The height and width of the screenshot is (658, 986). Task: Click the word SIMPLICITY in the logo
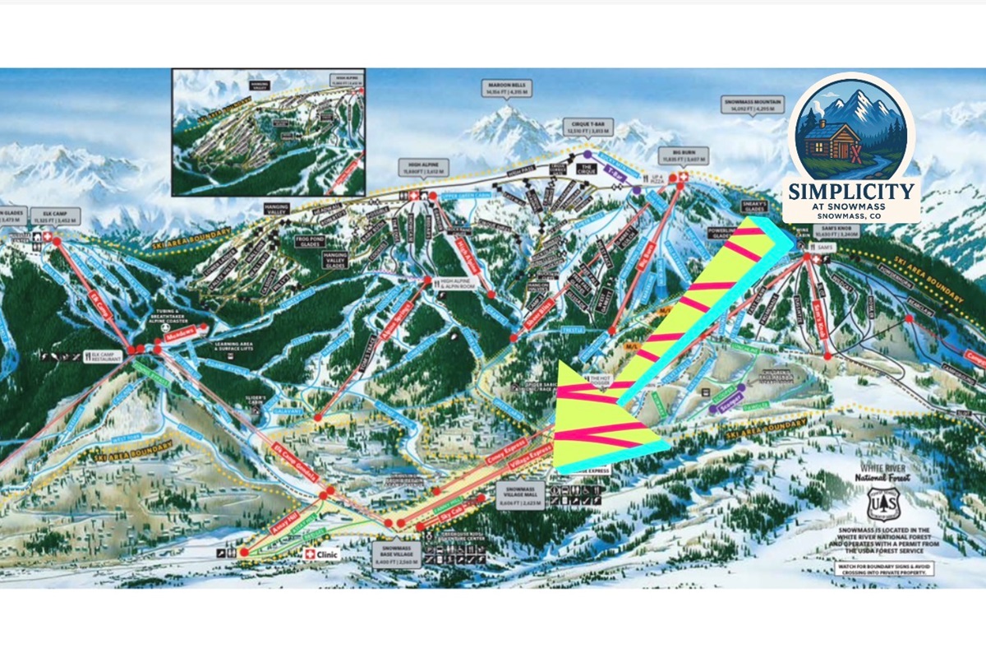[850, 192]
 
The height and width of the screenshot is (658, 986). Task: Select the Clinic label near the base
[321, 554]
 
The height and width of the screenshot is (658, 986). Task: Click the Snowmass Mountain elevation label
[753, 104]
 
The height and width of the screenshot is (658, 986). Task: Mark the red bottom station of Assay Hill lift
[244, 552]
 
